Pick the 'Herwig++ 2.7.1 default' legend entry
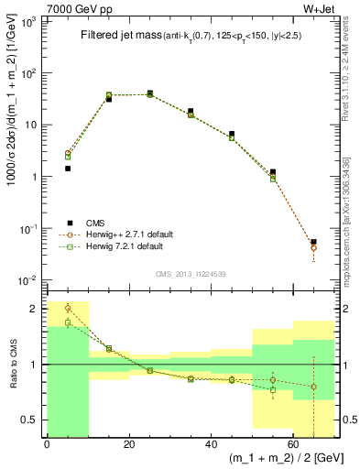tap(129, 234)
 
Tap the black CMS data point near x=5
tap(68, 169)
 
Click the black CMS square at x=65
tap(314, 242)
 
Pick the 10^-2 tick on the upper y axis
tap(31, 279)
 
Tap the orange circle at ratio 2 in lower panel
tap(68, 308)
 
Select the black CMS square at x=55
tap(273, 171)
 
